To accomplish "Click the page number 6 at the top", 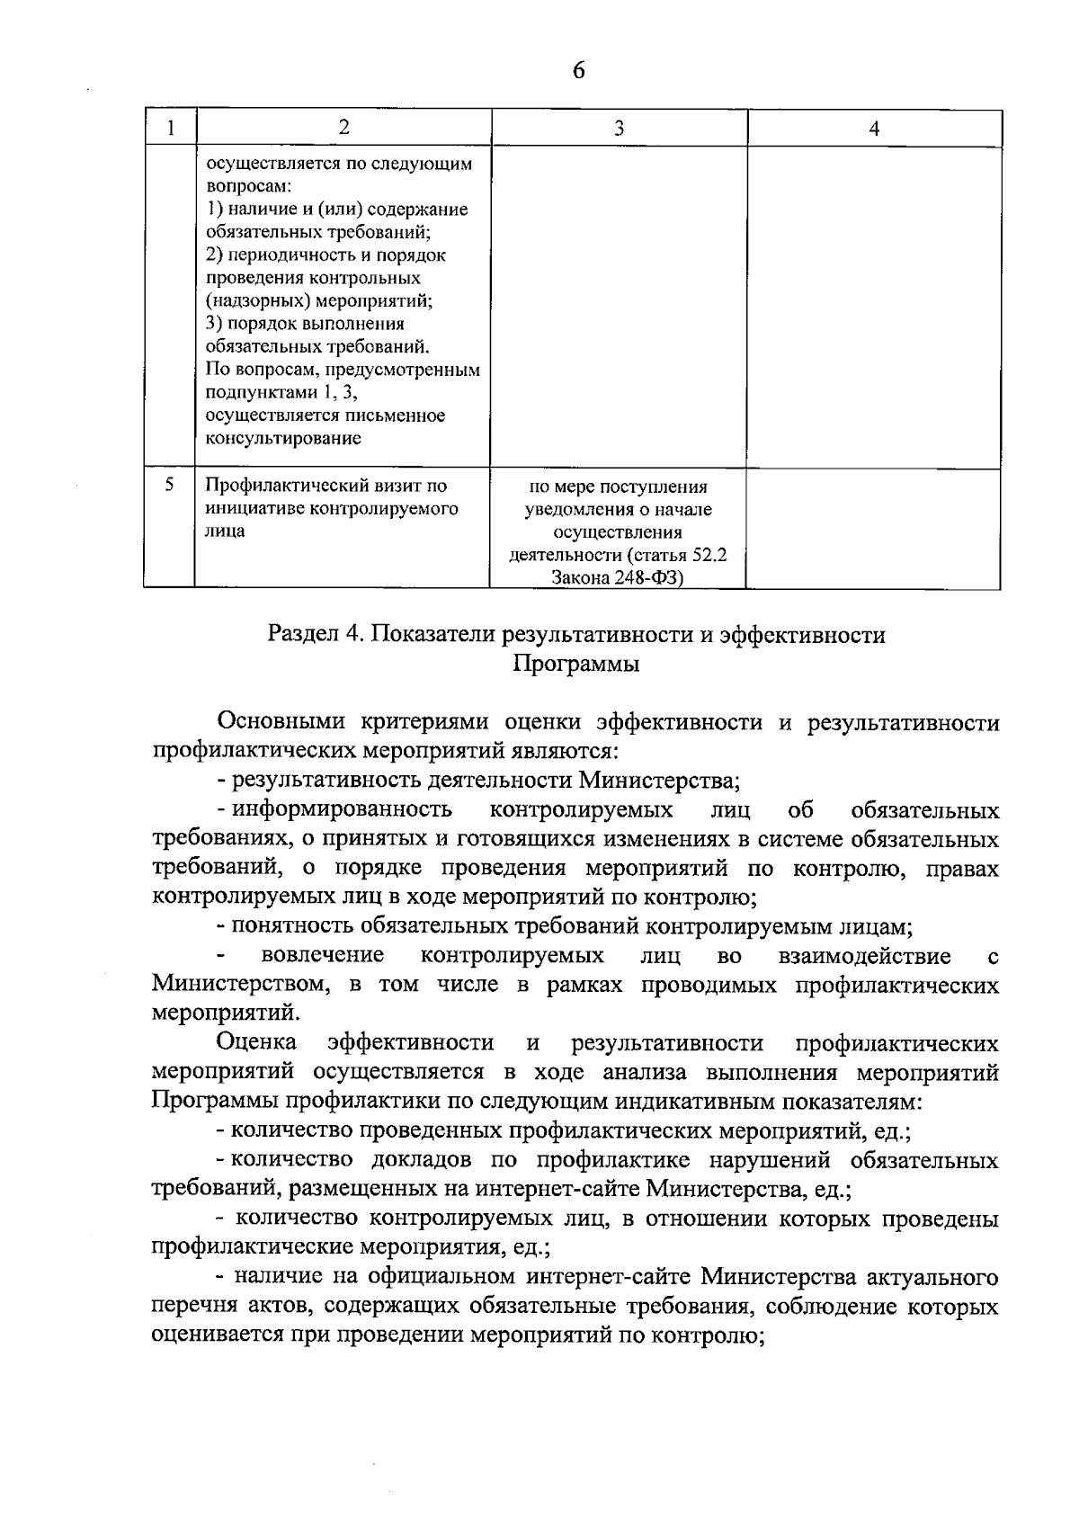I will tap(578, 71).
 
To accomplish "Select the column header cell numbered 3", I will tap(619, 129).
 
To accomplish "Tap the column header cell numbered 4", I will tap(874, 129).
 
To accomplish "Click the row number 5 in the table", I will tap(169, 485).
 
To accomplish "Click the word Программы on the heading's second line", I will tap(576, 665).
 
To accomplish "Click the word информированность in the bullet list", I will tap(343, 809).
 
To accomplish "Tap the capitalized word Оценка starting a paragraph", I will tap(257, 1042).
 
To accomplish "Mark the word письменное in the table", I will tap(403, 415).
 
